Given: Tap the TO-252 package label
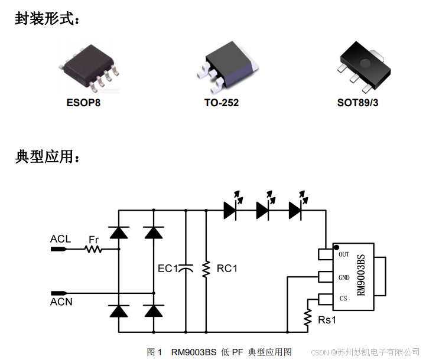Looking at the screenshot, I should [x=222, y=103].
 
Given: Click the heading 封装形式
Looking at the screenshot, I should [x=47, y=19].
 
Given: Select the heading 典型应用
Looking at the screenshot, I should [x=47, y=157].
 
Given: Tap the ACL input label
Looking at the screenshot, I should [x=60, y=239].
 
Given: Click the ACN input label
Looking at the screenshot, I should [x=61, y=302].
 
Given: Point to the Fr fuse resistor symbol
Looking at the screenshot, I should [x=93, y=250].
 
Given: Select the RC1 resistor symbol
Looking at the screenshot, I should [x=206, y=269].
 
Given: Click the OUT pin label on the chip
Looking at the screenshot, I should [x=344, y=254].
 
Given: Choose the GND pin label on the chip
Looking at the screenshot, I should [x=344, y=277].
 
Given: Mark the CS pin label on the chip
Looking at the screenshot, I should [x=343, y=299].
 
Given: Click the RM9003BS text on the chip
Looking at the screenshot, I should [x=362, y=276].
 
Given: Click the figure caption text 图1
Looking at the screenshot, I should [x=155, y=352].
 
